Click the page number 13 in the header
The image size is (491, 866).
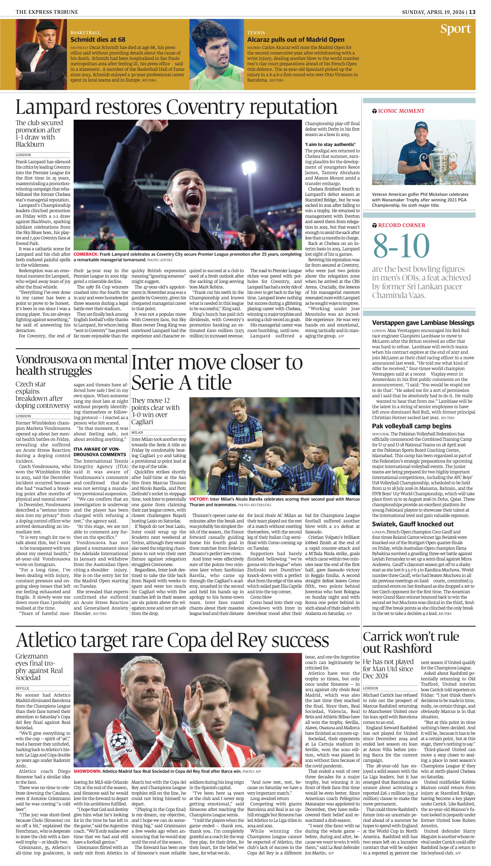[472, 12]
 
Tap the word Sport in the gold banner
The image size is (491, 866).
[456, 29]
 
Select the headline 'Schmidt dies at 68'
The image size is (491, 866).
[98, 39]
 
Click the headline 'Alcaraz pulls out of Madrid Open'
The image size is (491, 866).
[296, 39]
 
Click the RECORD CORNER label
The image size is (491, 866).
[401, 225]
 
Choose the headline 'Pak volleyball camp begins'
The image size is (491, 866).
[411, 426]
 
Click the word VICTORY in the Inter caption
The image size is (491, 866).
[199, 499]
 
